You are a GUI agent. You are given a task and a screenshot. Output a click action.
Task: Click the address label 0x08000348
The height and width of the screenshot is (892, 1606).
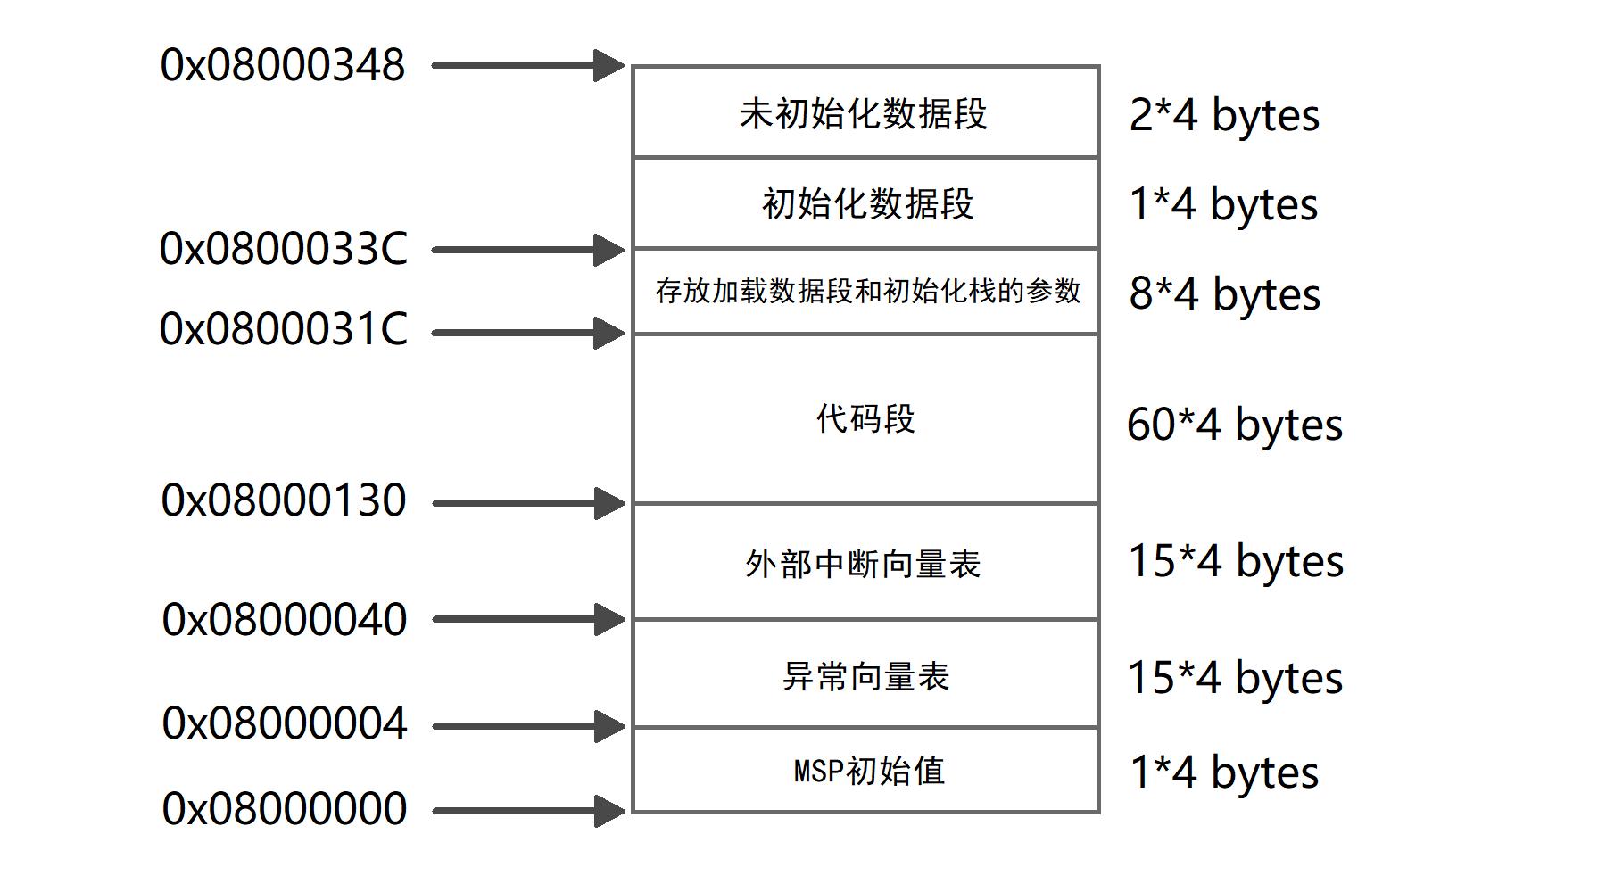[x=283, y=65]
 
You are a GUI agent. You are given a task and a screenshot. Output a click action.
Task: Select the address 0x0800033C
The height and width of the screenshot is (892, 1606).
[x=283, y=249]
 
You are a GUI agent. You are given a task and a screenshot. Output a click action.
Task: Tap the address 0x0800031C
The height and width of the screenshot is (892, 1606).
[x=283, y=329]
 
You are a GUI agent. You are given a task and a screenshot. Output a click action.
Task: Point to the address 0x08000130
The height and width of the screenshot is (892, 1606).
[x=283, y=500]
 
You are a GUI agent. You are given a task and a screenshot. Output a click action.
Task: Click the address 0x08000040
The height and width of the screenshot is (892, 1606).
[x=284, y=620]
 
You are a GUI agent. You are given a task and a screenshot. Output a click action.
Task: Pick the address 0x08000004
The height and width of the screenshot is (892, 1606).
[x=284, y=723]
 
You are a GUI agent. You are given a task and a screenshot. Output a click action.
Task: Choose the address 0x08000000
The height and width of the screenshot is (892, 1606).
[x=284, y=809]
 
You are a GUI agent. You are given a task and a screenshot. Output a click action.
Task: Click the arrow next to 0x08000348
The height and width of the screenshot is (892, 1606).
[x=527, y=65]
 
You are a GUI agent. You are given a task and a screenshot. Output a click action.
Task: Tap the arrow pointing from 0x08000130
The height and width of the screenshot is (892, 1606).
[x=527, y=503]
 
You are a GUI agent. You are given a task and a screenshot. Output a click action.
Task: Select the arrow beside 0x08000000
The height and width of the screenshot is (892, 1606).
[x=527, y=811]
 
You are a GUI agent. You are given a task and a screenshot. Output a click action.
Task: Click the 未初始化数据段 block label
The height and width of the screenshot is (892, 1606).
[x=864, y=114]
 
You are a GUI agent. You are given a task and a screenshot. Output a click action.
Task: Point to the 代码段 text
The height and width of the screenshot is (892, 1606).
[x=865, y=418]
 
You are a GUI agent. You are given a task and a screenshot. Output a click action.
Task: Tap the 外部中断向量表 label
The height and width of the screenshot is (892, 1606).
[x=864, y=564]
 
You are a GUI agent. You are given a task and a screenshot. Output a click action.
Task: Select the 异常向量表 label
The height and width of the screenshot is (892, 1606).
[x=865, y=676]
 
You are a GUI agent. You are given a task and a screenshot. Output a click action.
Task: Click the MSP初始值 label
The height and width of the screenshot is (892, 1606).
[x=869, y=771]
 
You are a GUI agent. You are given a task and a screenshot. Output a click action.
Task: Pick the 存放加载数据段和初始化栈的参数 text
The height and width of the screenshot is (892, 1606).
[x=867, y=291]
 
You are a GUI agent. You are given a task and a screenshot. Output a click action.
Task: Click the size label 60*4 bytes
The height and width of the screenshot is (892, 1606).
[x=1234, y=425]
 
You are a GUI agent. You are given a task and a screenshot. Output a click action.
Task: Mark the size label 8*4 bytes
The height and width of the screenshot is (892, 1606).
[x=1224, y=294]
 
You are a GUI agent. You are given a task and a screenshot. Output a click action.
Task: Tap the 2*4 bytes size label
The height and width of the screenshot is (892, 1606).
[x=1224, y=115]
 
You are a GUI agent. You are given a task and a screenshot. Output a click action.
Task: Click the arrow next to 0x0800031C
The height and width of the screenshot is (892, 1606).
[x=527, y=333]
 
